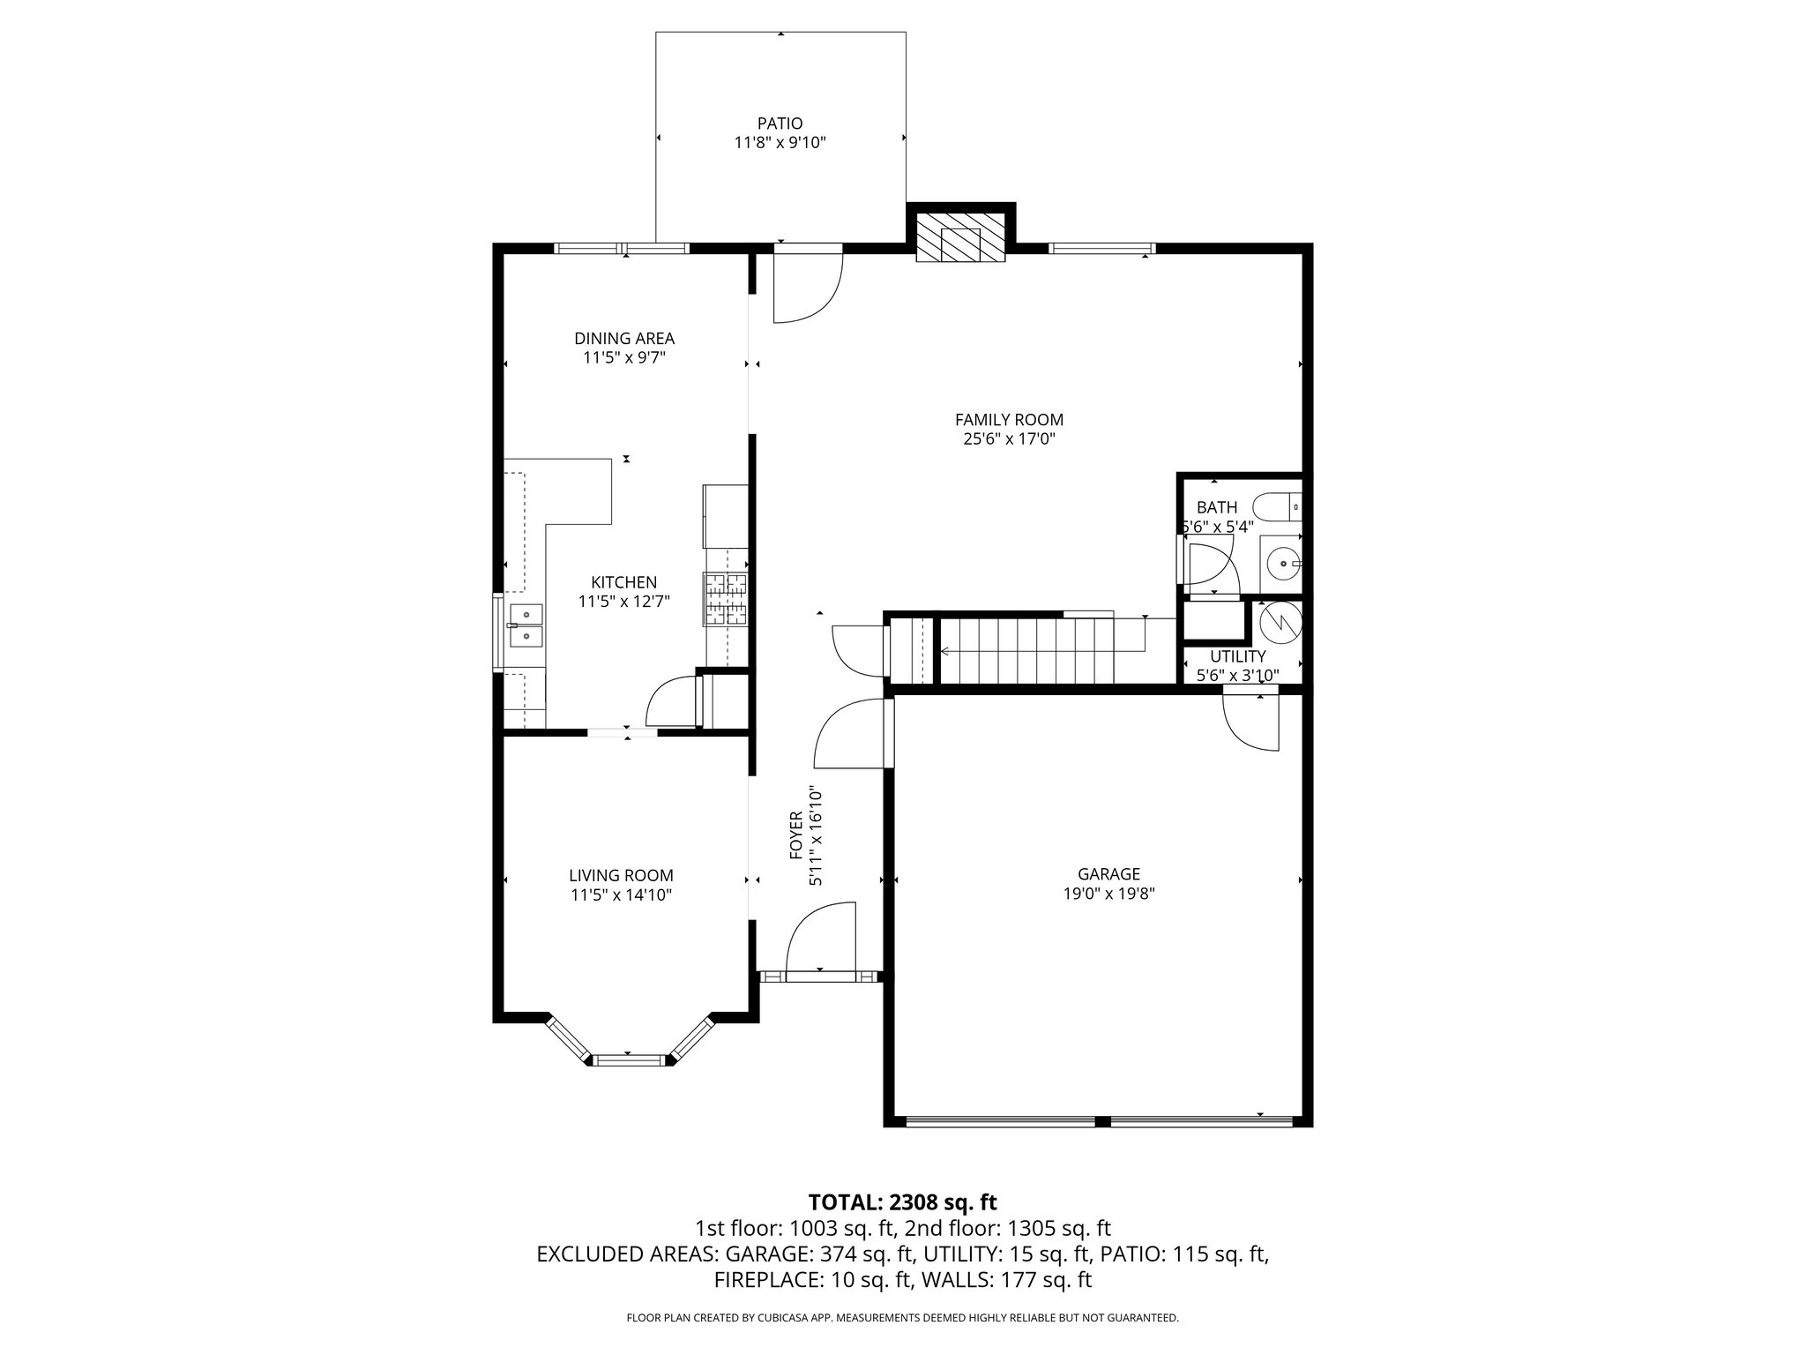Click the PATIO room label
click(780, 124)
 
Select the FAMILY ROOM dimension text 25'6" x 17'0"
click(1009, 438)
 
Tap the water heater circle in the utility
click(1279, 623)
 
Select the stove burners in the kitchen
click(725, 599)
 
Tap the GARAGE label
click(1108, 874)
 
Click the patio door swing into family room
click(806, 287)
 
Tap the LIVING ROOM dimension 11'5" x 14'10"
click(621, 895)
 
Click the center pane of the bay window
click(628, 1059)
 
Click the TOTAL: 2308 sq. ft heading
click(902, 1202)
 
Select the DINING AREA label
click(624, 338)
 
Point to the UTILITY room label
click(1237, 656)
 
